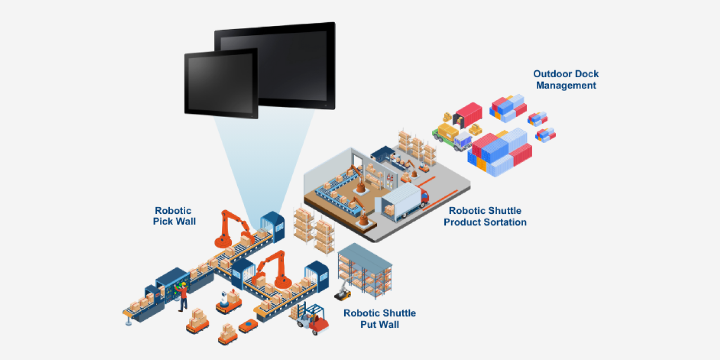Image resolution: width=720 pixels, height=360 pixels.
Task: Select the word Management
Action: coord(566,85)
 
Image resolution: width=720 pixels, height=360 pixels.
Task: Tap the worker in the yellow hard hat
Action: coord(183,296)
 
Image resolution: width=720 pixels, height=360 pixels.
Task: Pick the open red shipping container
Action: coord(469,114)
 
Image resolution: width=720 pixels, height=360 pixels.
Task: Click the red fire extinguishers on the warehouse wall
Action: coord(390,178)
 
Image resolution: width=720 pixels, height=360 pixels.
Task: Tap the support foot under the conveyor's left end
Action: coord(128,319)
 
